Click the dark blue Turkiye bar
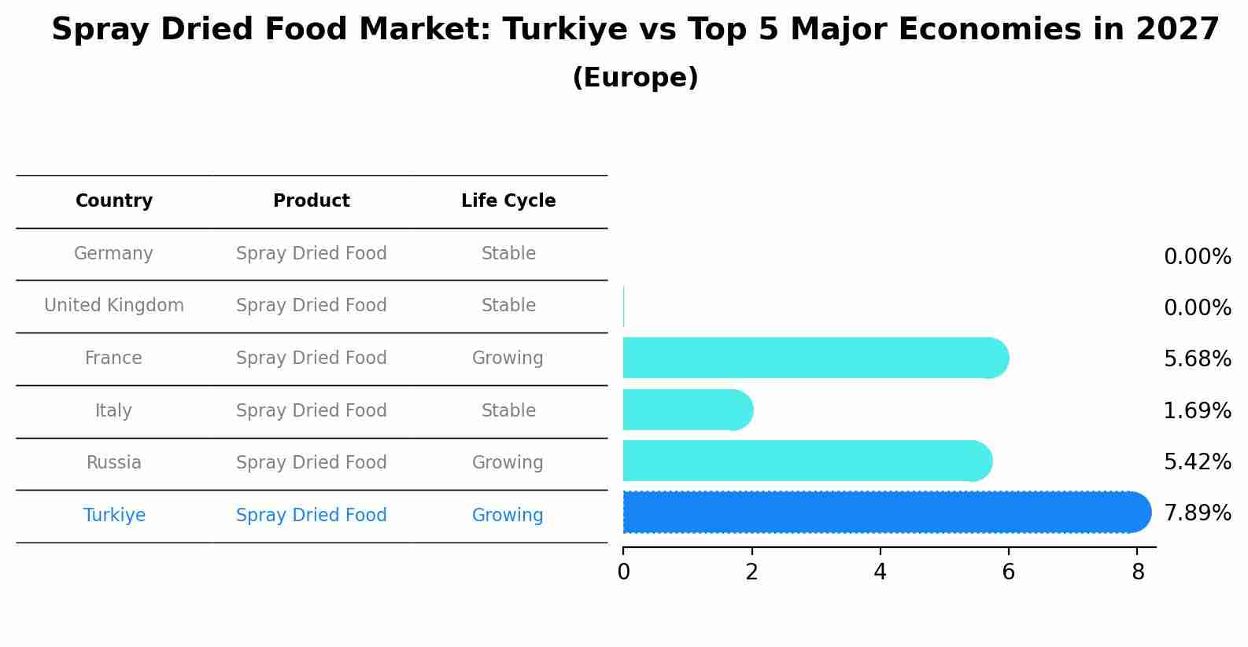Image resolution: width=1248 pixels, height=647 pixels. pos(885,513)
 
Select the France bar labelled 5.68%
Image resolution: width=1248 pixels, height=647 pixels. pos(814,358)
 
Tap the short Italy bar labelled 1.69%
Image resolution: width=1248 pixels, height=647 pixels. pos(687,410)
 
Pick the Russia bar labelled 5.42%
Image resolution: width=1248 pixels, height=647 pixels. pos(807,461)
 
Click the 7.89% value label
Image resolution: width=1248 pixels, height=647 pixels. pos(1197,513)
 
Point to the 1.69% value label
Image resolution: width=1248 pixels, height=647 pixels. pos(1197,411)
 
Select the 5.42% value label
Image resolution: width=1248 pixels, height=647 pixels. pos(1197,462)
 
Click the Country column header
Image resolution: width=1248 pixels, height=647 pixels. pos(114,201)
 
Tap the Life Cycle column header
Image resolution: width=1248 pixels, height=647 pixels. pos(508,201)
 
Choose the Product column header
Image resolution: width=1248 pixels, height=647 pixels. pos(312,201)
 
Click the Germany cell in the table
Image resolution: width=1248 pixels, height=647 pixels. pos(113,254)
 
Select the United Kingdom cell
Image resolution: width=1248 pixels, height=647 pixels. pos(114,306)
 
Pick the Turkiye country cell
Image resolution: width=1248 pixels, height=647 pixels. pos(114,516)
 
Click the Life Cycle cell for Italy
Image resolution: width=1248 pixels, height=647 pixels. pos(508,411)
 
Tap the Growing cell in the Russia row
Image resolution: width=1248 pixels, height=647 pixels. pos(508,463)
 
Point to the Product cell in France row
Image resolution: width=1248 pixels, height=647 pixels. pos(312,358)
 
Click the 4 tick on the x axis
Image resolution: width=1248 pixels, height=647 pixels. pos(880,572)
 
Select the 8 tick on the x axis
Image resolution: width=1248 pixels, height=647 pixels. pos(1138,572)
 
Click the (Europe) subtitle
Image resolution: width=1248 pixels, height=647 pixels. pos(635,78)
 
